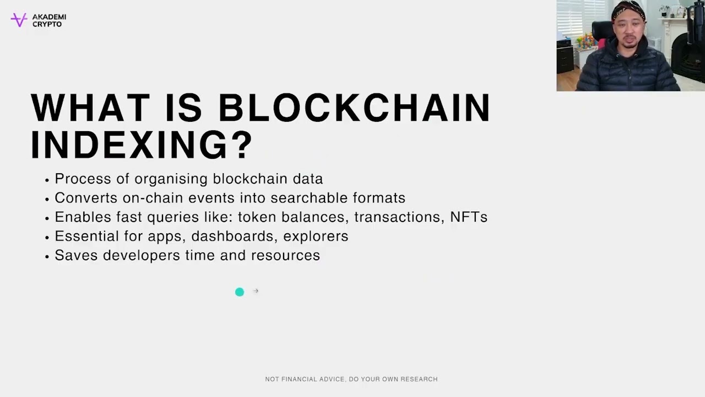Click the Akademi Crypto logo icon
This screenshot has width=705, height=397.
pyautogui.click(x=19, y=20)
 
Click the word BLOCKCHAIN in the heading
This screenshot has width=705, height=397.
pyautogui.click(x=354, y=108)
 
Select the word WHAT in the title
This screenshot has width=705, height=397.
pyautogui.click(x=90, y=108)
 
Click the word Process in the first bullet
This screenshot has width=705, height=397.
pyautogui.click(x=77, y=179)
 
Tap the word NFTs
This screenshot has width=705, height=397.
pyautogui.click(x=469, y=217)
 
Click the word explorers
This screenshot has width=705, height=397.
pyautogui.click(x=316, y=237)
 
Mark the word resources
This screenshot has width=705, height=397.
pyautogui.click(x=285, y=256)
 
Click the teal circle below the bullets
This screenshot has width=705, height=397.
pyautogui.click(x=240, y=292)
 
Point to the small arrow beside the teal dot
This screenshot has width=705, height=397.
pyautogui.click(x=256, y=291)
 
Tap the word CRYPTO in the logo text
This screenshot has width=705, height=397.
pyautogui.click(x=47, y=24)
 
